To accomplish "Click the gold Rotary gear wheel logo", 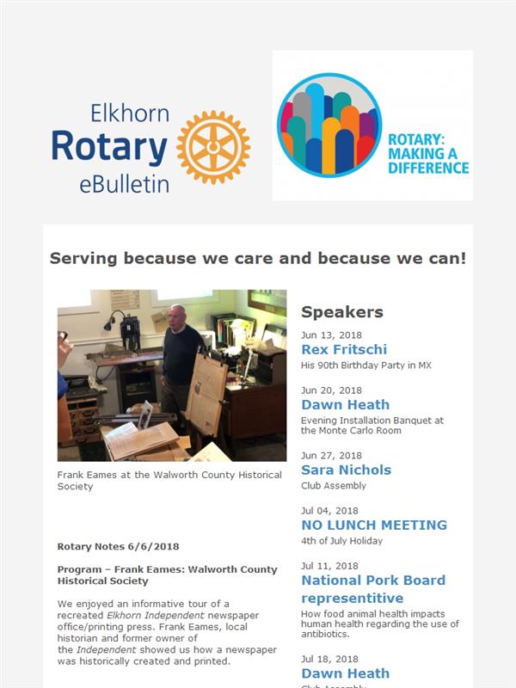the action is point(213,147).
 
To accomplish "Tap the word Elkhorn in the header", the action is point(130,114).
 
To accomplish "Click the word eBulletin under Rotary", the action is point(124,185).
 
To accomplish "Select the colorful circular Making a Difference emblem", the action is point(329,125).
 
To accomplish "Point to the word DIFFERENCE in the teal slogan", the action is point(428,168).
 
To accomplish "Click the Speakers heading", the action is point(342,312).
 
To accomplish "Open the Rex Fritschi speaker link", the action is point(344,349).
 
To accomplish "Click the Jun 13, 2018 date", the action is point(331,335).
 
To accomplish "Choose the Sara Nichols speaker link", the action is point(347,470).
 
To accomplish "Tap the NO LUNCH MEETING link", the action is point(374,525).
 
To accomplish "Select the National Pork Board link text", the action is point(373,580).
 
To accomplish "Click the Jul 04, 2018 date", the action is point(329,511).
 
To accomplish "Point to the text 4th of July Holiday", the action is point(341,541).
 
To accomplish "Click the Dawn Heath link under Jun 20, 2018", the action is point(346,404).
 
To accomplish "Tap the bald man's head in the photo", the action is point(178,316).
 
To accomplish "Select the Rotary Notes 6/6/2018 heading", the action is point(118,547).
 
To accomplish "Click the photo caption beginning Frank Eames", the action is point(169,481).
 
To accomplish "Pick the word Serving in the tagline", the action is point(83,259).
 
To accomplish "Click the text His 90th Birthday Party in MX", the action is point(366,365).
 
